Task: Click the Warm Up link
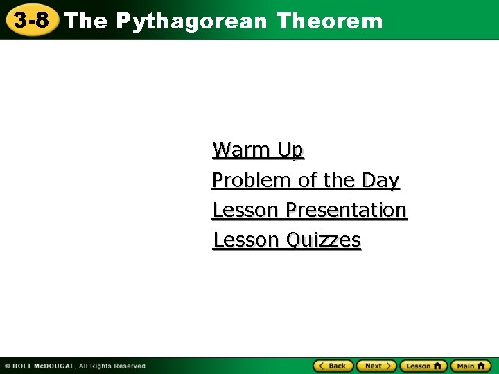[258, 150]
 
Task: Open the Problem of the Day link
[306, 180]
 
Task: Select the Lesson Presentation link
[309, 210]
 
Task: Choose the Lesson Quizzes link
[287, 240]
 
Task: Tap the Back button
[333, 366]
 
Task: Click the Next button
[376, 366]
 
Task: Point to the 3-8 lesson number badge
[31, 20]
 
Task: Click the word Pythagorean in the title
[191, 21]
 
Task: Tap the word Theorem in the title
[329, 21]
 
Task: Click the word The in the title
[87, 21]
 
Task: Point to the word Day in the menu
[380, 180]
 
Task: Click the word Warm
[242, 150]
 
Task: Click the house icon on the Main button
[482, 366]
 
